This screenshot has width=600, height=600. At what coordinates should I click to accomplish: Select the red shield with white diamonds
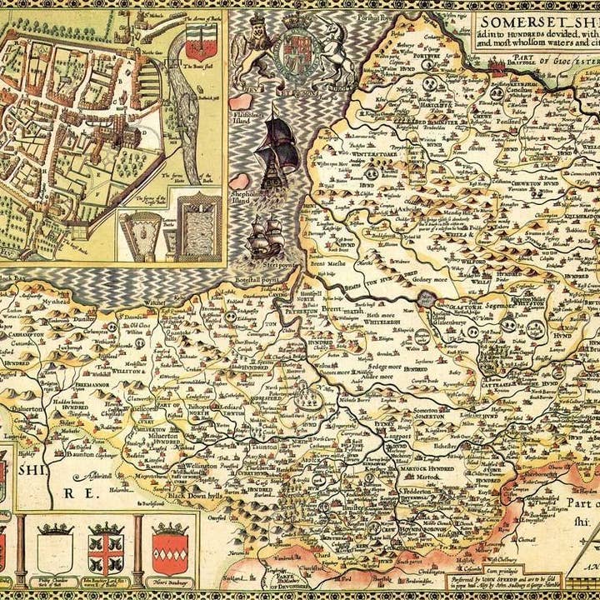point(167,552)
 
